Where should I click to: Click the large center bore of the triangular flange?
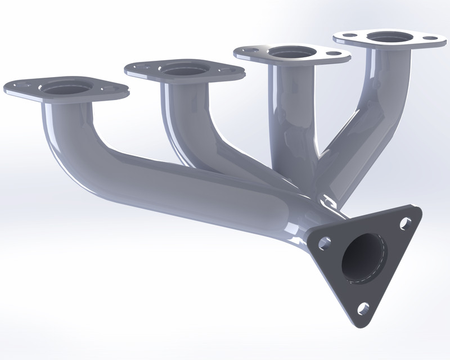click(364, 258)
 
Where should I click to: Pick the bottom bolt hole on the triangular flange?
click(363, 307)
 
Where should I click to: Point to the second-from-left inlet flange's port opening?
click(182, 70)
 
